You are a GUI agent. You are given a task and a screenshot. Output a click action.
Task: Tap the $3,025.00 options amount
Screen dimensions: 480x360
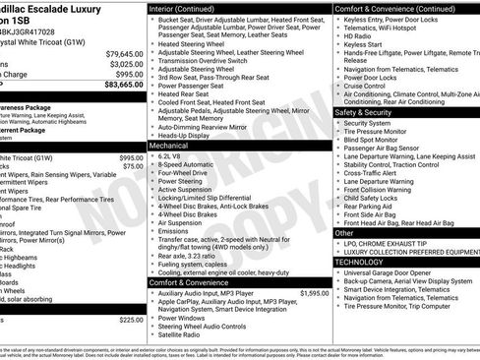click(x=124, y=63)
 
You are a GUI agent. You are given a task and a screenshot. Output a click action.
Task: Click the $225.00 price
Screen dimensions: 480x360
click(x=131, y=320)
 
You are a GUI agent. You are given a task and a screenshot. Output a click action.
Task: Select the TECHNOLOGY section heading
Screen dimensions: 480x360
click(x=360, y=263)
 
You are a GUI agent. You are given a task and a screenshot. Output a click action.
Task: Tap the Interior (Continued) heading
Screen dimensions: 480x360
click(x=187, y=8)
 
